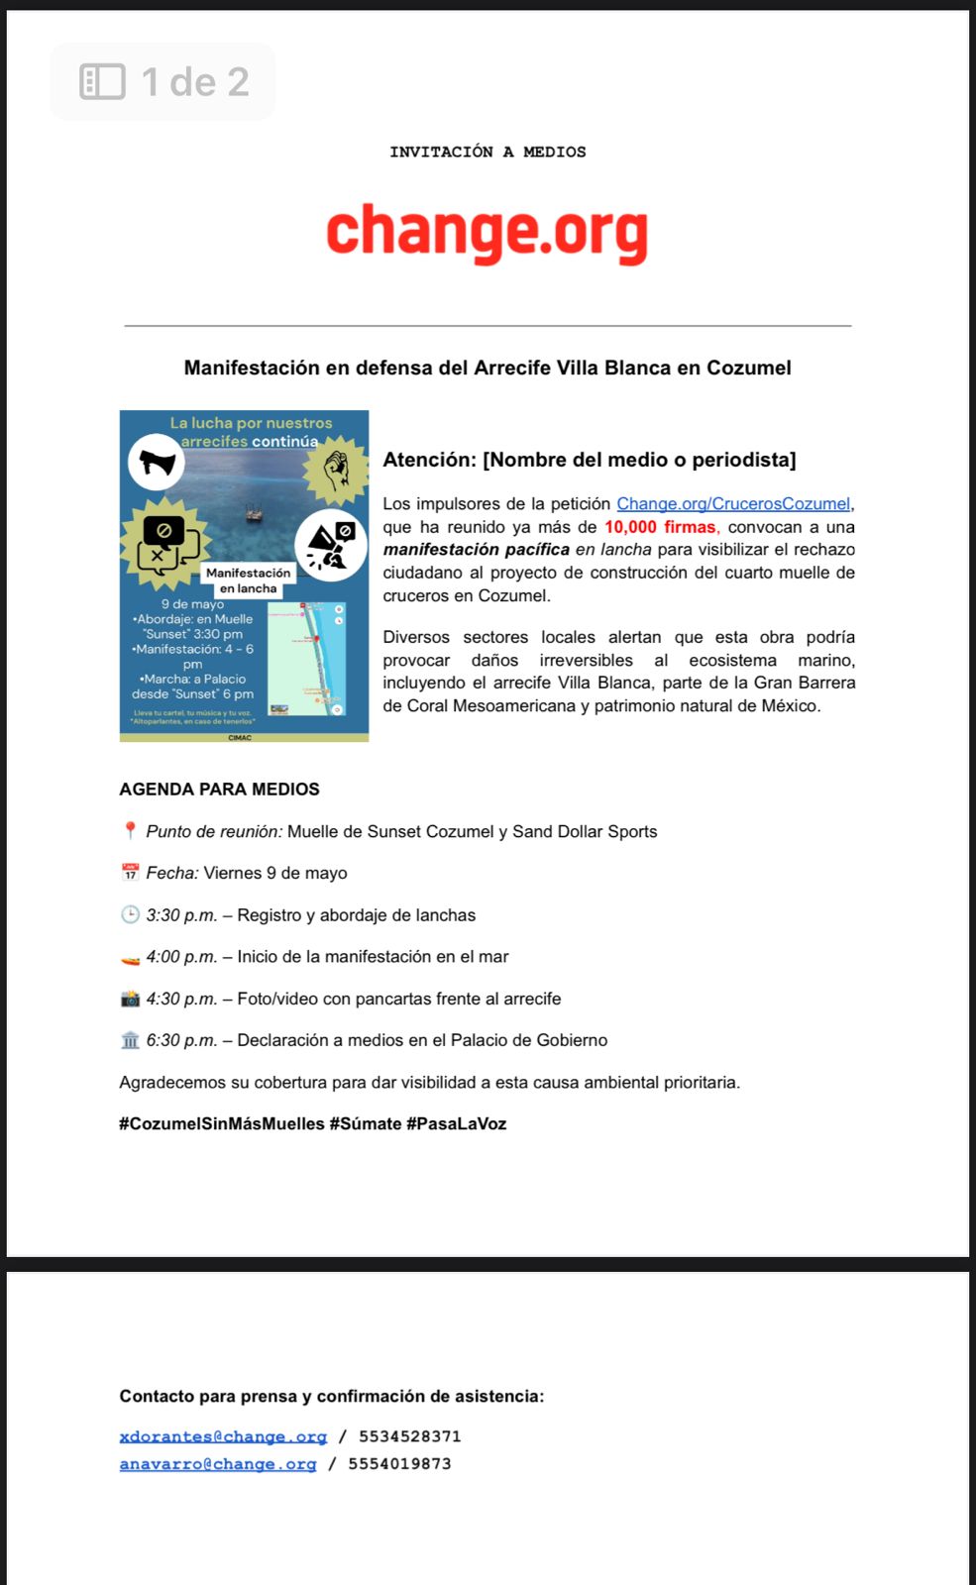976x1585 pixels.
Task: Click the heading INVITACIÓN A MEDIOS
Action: (x=488, y=152)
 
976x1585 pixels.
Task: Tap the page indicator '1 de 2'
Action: (x=164, y=82)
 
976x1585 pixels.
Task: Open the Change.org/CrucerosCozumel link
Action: (x=733, y=503)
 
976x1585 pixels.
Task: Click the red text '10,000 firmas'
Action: (x=660, y=527)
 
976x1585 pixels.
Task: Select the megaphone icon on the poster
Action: (x=157, y=462)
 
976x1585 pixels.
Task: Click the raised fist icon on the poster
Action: (x=336, y=469)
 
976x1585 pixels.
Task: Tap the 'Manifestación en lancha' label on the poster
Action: (x=248, y=581)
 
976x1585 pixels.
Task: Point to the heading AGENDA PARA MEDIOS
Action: (x=219, y=790)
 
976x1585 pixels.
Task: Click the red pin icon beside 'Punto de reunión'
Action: (x=130, y=831)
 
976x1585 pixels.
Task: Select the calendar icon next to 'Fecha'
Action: (x=130, y=873)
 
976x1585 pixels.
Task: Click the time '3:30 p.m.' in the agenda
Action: (x=181, y=915)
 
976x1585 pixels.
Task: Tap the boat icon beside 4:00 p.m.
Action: (x=130, y=958)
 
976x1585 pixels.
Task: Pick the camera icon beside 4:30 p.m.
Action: (x=130, y=999)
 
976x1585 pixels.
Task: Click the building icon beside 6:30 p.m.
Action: (x=130, y=1040)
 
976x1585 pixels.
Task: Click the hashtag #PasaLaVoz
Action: (x=456, y=1124)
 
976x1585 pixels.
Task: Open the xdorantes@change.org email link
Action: (x=223, y=1436)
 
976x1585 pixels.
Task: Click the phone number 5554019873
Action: (x=399, y=1464)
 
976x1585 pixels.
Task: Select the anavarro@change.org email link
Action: (x=218, y=1464)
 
